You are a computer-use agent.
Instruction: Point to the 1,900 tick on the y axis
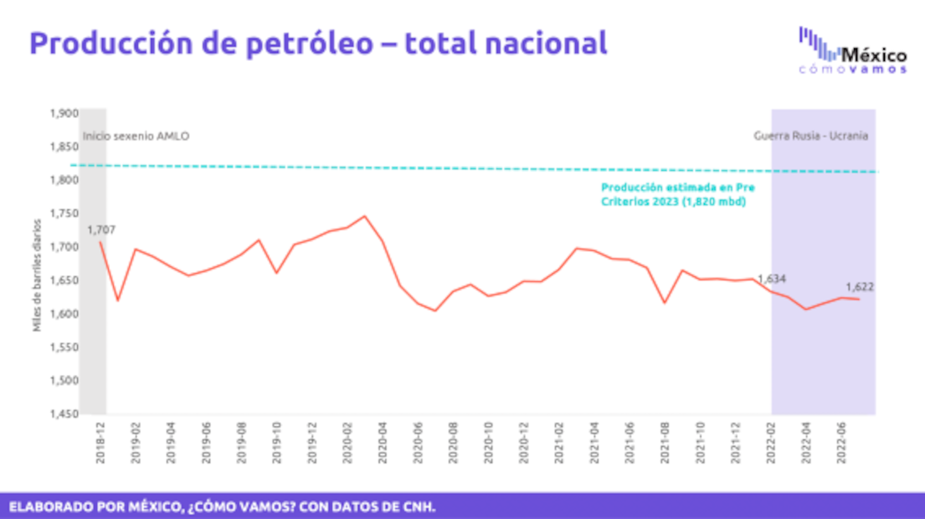click(64, 113)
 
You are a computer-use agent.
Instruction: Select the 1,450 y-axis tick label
click(64, 414)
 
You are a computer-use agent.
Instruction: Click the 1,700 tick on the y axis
click(64, 247)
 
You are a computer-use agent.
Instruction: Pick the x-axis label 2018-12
click(100, 439)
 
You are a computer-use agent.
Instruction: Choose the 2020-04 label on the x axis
click(383, 439)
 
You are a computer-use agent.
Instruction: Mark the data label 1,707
click(100, 229)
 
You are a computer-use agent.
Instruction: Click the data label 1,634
click(772, 279)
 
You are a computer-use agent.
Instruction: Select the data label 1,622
click(859, 287)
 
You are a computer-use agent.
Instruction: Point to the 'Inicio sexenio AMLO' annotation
click(136, 136)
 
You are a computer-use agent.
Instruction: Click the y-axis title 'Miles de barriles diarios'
click(37, 276)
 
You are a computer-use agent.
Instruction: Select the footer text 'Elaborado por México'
click(223, 506)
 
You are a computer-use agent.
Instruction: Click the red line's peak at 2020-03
click(364, 216)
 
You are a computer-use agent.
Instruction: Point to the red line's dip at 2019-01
click(118, 300)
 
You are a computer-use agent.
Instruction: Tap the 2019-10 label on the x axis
click(277, 439)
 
